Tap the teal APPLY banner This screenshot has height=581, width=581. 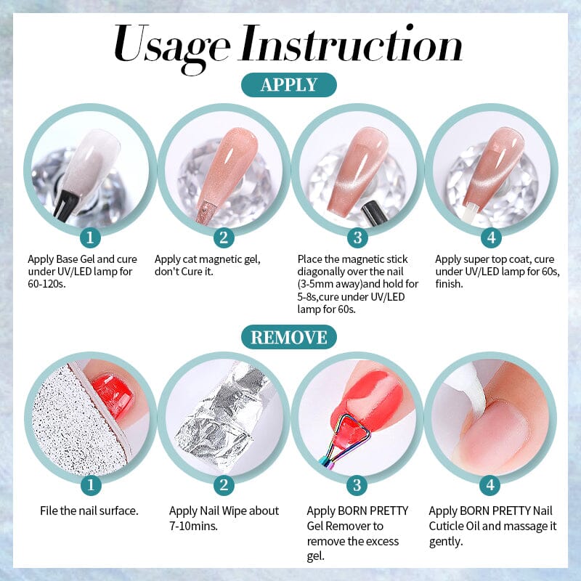pyautogui.click(x=289, y=84)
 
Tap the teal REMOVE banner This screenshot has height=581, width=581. pyautogui.click(x=289, y=337)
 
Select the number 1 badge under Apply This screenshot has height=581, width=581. pyautogui.click(x=90, y=237)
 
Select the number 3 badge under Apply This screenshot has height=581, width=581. pyautogui.click(x=357, y=237)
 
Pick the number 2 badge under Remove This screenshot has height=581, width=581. pyautogui.click(x=223, y=485)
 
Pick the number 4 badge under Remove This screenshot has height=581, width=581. pyautogui.click(x=490, y=485)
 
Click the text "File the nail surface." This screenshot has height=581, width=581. pyautogui.click(x=89, y=511)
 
